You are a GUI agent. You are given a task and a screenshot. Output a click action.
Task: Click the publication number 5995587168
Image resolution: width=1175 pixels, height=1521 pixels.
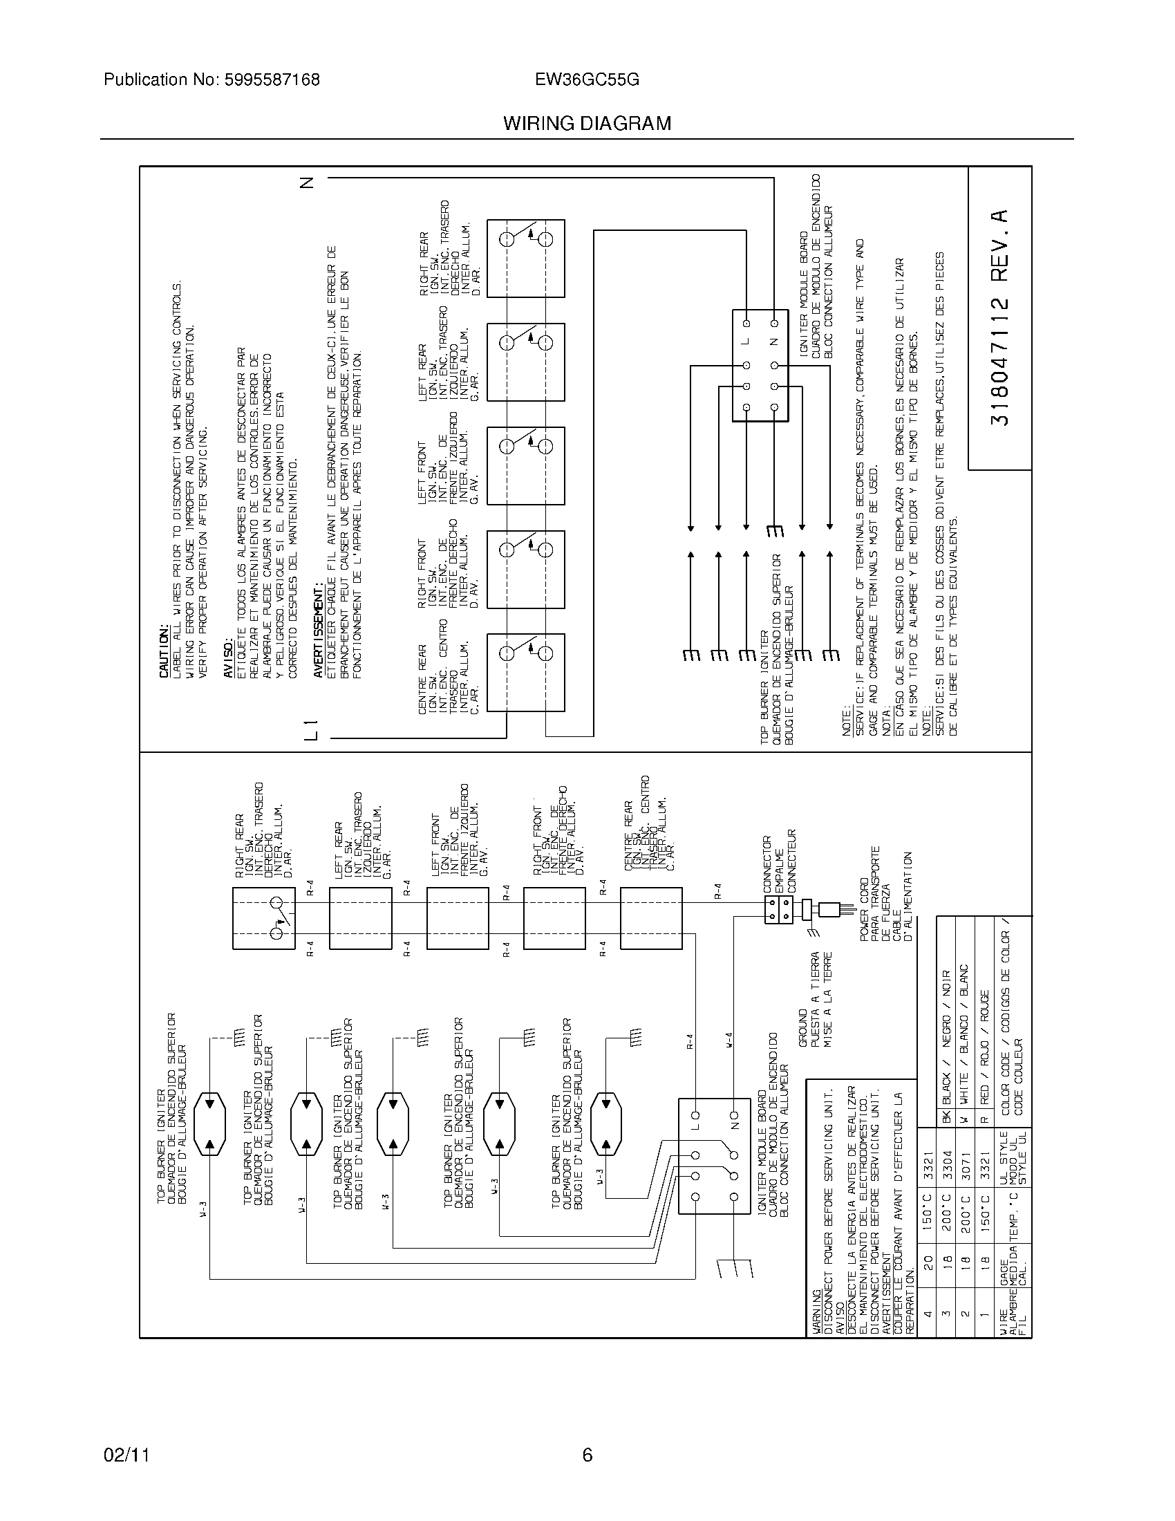point(272,80)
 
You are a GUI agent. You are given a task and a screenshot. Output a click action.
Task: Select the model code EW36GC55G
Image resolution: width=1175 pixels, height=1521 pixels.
point(587,80)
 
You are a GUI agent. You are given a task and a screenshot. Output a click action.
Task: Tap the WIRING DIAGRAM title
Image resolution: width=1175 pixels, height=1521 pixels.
point(587,124)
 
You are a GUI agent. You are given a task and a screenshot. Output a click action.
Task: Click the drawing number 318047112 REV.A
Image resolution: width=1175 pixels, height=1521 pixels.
point(999,317)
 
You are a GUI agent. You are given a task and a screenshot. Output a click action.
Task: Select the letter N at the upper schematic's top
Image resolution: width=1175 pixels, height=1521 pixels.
point(307,183)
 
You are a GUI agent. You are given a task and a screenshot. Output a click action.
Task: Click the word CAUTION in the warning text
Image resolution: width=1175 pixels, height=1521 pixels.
point(164,652)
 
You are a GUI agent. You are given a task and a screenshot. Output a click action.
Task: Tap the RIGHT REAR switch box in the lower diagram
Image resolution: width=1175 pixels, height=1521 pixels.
point(264,919)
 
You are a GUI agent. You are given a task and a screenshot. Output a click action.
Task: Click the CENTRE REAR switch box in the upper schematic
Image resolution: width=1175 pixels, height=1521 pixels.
point(525,672)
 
